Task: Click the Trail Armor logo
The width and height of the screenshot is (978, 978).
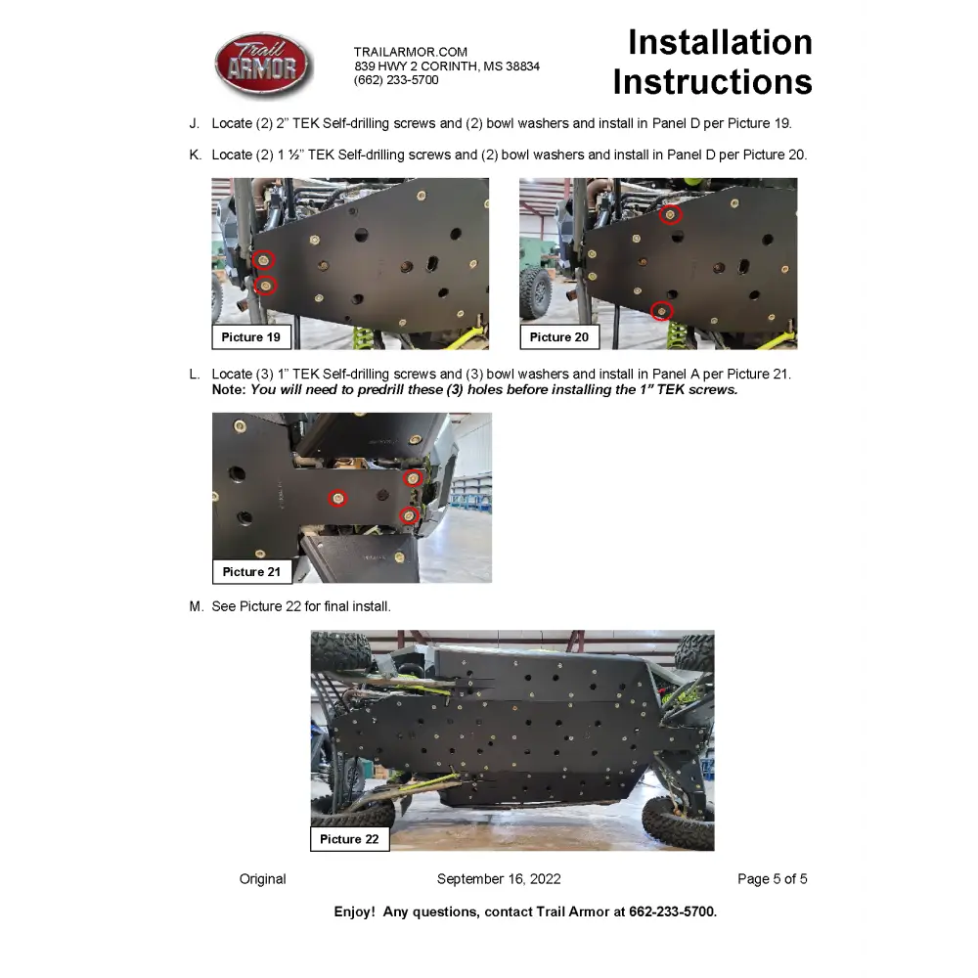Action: (263, 66)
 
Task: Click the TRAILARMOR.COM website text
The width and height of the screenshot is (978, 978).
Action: (411, 52)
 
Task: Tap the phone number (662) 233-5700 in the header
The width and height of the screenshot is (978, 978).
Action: (396, 80)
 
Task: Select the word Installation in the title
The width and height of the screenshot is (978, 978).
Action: (720, 42)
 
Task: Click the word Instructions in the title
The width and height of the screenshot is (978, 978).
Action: (712, 82)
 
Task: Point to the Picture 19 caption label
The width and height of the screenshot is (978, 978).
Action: (250, 337)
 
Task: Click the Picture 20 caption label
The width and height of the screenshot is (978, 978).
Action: (559, 337)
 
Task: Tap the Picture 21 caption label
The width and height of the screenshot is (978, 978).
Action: (251, 571)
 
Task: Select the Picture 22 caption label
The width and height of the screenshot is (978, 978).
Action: (349, 839)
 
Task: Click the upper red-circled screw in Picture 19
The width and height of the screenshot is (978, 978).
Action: (264, 260)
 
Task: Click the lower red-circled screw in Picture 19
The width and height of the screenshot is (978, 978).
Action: (265, 285)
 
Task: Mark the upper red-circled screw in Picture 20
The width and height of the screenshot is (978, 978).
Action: (670, 214)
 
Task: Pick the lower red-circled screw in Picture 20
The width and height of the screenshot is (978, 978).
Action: (662, 311)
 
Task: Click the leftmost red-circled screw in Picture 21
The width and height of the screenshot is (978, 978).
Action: (337, 498)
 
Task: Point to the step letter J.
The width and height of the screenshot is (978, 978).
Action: (195, 123)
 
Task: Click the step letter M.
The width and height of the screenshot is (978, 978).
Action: (196, 606)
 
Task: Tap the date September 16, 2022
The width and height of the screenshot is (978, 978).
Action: (499, 879)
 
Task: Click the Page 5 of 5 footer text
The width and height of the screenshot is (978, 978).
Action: (772, 879)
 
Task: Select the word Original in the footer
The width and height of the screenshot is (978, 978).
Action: (263, 879)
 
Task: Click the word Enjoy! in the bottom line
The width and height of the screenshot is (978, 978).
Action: (354, 911)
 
